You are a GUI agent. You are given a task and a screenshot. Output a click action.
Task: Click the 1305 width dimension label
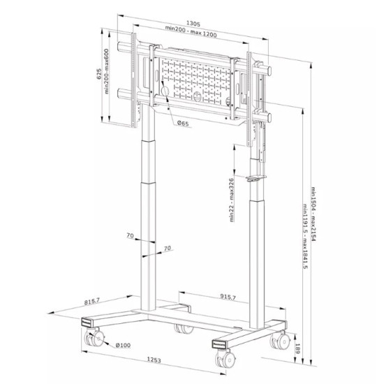pyautogui.click(x=193, y=24)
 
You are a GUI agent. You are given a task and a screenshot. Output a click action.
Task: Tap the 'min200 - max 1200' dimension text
pyautogui.click(x=191, y=31)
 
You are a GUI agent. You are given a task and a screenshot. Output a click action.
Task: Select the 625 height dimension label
pyautogui.click(x=99, y=74)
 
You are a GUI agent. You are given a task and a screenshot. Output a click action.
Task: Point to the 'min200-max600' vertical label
pyautogui.click(x=106, y=71)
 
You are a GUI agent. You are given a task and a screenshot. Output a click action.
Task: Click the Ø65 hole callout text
pyautogui.click(x=183, y=123)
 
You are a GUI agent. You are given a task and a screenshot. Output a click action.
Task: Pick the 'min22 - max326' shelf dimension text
pyautogui.click(x=231, y=200)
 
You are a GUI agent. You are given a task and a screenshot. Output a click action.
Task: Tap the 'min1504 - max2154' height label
pyautogui.click(x=313, y=214)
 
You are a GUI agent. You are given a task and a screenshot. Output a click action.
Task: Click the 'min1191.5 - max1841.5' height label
pyautogui.click(x=305, y=236)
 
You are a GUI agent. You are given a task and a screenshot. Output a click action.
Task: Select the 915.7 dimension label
pyautogui.click(x=228, y=297)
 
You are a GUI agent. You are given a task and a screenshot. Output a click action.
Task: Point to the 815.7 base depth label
pyautogui.click(x=92, y=301)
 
